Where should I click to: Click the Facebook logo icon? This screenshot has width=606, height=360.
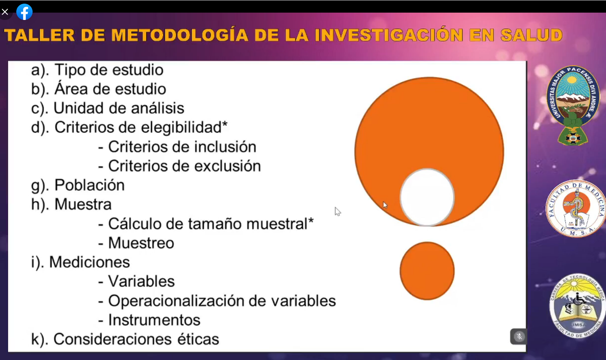point(24,12)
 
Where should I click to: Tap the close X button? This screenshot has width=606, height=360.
point(5,12)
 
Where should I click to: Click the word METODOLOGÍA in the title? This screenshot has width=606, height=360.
point(179,35)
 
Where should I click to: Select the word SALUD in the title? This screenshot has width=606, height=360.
point(531,35)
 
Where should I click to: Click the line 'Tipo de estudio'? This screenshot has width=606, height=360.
point(109,70)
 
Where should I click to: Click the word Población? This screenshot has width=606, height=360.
point(90,185)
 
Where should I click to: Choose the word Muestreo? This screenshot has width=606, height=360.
point(141,243)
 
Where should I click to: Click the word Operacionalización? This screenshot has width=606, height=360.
point(176,301)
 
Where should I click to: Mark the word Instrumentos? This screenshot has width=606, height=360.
point(154,320)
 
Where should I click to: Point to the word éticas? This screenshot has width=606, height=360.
point(198,339)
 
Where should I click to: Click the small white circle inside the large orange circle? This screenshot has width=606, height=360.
point(427,197)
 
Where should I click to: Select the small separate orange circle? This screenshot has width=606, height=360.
point(427,271)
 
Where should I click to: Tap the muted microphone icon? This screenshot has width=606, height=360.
point(519,336)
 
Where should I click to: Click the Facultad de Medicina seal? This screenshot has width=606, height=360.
point(576,209)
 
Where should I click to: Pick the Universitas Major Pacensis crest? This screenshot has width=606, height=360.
point(573,105)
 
